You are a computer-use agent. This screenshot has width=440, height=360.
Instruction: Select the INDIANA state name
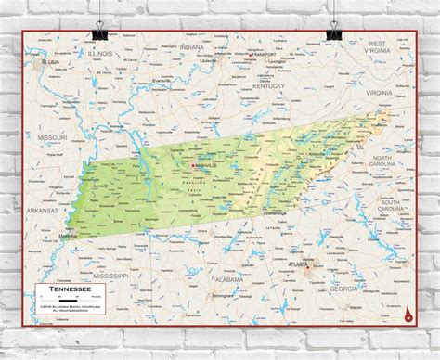pyautogui.click(x=192, y=46)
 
